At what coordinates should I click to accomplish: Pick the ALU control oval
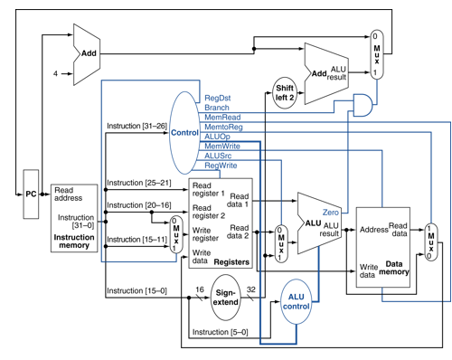pyautogui.click(x=296, y=301)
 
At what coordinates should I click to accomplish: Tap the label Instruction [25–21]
pyautogui.click(x=137, y=183)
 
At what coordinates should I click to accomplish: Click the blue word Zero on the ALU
pyautogui.click(x=330, y=212)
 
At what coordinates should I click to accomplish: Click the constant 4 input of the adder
pyautogui.click(x=57, y=71)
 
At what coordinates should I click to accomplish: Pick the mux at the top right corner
pyautogui.click(x=381, y=55)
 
